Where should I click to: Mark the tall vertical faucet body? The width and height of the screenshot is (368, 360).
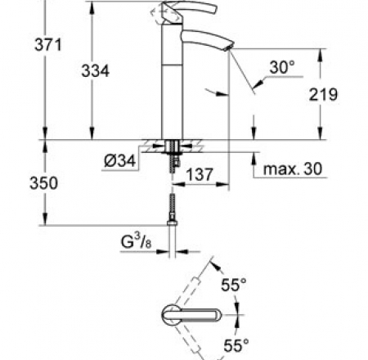[x=171, y=90]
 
